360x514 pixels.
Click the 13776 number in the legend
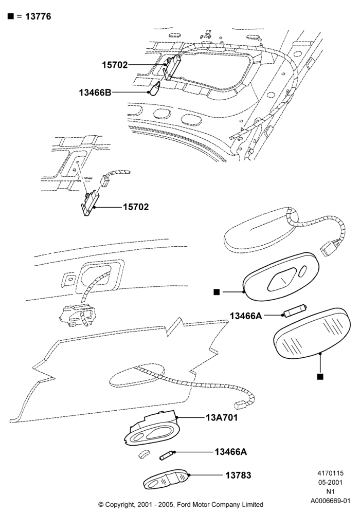(38, 16)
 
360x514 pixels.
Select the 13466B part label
(95, 93)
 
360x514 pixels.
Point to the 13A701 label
(222, 417)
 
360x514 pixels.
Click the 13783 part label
(238, 475)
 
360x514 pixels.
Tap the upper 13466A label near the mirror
(246, 316)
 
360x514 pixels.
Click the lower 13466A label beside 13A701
(231, 452)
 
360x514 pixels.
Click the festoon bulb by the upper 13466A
(295, 311)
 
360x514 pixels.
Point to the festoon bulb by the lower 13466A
(167, 455)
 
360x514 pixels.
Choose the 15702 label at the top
(115, 65)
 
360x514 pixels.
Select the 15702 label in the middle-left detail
(136, 207)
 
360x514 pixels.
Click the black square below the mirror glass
(320, 377)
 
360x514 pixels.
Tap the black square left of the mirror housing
(217, 292)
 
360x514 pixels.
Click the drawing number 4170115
(330, 473)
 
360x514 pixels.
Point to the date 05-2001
(330, 483)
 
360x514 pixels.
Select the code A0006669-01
(330, 501)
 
